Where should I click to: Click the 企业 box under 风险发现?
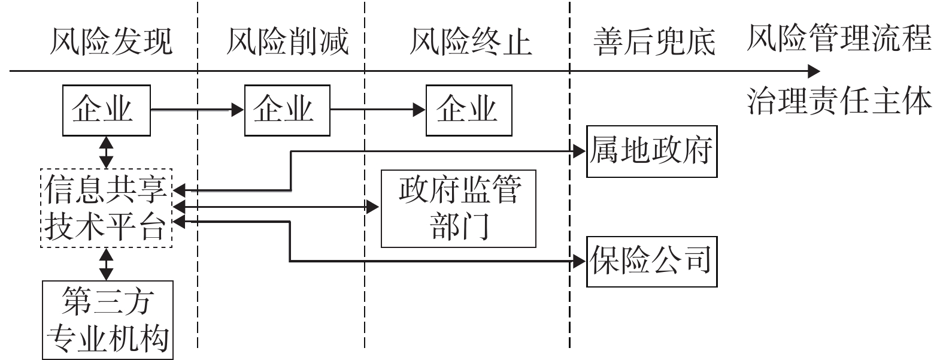coord(106,110)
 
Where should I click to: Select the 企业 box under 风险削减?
coord(287,110)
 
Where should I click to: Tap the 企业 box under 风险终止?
coord(468,110)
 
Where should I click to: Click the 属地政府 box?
coord(651,152)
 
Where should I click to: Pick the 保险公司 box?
coord(651,262)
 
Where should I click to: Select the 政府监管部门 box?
coord(458,208)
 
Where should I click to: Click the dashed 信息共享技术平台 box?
coord(106,208)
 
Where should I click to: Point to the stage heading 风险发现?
coord(111,41)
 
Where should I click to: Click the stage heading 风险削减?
coord(287,41)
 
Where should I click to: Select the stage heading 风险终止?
coord(470,41)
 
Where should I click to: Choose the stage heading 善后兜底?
coord(654,41)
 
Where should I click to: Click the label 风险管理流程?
coord(839,38)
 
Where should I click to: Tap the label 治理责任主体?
coord(839,101)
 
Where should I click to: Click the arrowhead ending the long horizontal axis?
coord(813,71)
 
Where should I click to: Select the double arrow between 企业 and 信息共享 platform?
coord(106,152)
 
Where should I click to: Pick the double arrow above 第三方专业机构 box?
coord(106,264)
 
